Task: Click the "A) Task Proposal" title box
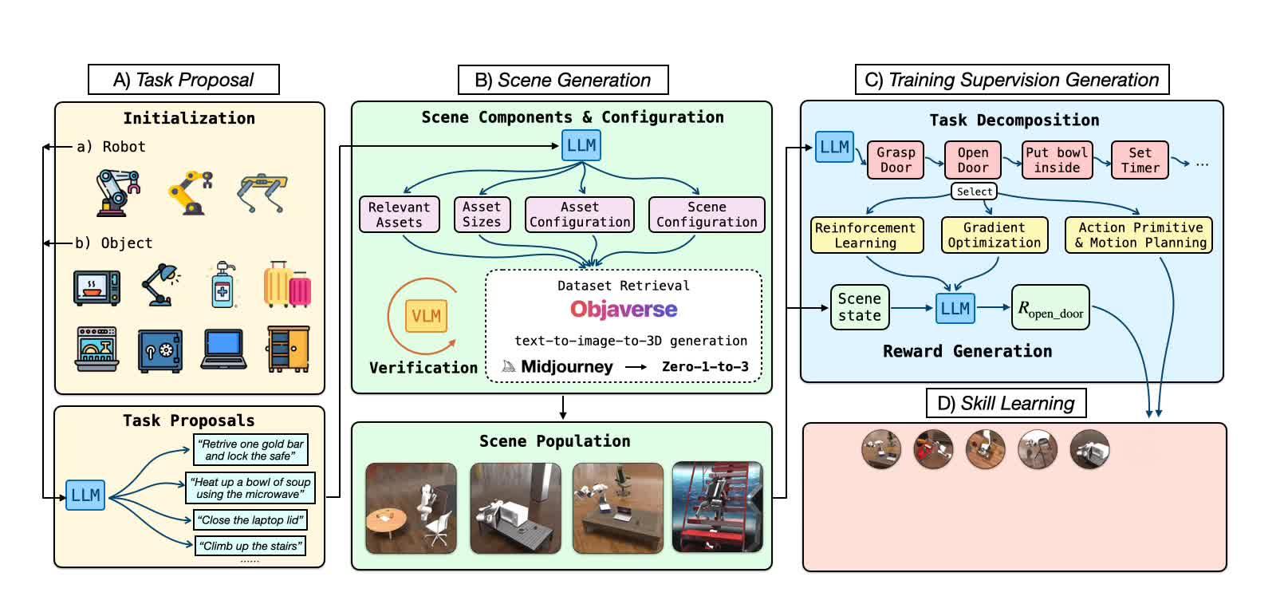[x=183, y=80]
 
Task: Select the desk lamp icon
[x=160, y=285]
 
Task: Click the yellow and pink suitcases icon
[x=287, y=285]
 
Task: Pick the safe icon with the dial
[x=160, y=349]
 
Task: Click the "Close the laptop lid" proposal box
[x=250, y=520]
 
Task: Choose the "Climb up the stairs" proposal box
[x=250, y=547]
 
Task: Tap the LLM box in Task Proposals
[x=85, y=496]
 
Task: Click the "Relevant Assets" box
[x=399, y=215]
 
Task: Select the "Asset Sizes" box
[x=482, y=215]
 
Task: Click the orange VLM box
[x=426, y=316]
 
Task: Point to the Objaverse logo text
[x=624, y=310]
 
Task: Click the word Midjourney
[x=566, y=367]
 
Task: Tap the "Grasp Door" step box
[x=896, y=160]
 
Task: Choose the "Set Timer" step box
[x=1140, y=160]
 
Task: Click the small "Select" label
[x=975, y=192]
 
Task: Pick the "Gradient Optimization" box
[x=994, y=235]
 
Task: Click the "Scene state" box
[x=860, y=307]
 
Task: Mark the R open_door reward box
[x=1050, y=308]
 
